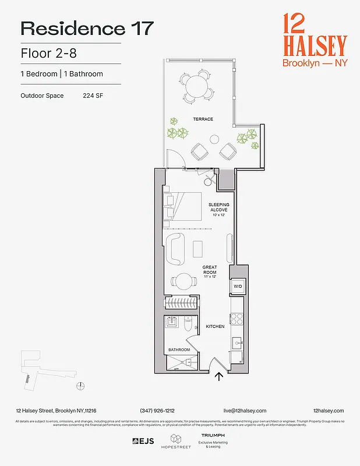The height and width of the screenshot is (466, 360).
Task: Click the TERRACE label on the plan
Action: coord(203,119)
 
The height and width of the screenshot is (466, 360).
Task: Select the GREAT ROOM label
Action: coord(210,270)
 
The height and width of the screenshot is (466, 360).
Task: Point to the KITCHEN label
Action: coord(215,326)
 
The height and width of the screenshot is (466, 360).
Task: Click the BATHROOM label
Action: coord(179,349)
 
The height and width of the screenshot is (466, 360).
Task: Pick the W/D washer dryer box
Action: coord(238,287)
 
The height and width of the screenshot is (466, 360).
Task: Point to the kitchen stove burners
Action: coord(238,318)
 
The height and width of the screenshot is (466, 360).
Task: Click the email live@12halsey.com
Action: coord(245,411)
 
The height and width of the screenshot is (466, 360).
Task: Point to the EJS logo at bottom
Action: coord(143,441)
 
